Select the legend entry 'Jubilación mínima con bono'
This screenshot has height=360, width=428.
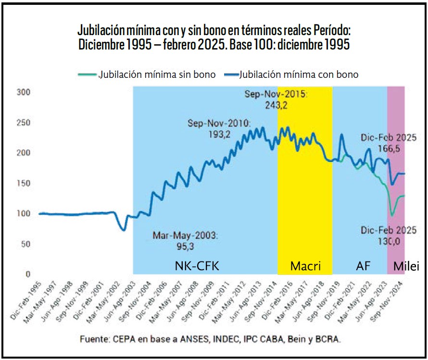coord(298,74)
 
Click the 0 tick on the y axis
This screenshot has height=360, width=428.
coord(27,274)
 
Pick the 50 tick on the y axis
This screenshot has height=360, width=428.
coord(25,244)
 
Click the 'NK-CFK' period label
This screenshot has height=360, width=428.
coord(197,266)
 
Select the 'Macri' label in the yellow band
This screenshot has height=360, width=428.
coord(305,266)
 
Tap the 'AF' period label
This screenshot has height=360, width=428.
coord(363,266)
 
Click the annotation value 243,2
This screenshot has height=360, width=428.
coord(276,105)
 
